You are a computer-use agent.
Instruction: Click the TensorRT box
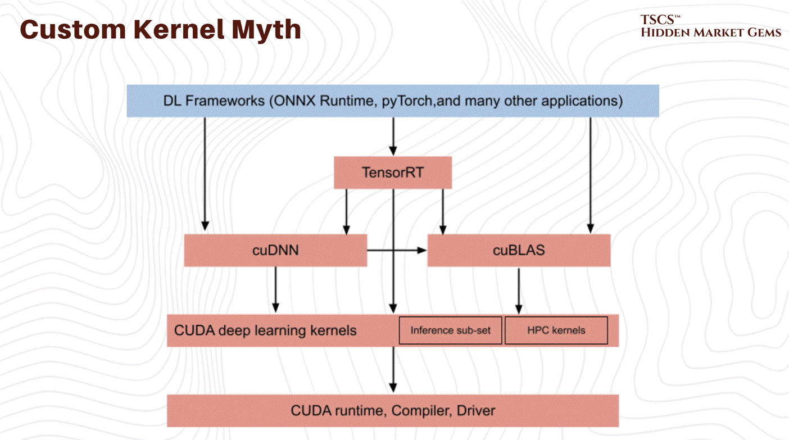point(393,173)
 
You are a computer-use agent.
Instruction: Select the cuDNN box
point(275,250)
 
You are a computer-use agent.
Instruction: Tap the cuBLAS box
point(519,250)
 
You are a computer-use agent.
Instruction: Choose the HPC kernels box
point(556,330)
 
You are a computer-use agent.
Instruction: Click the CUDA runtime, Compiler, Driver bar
point(393,411)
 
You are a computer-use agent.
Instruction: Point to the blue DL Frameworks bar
point(393,101)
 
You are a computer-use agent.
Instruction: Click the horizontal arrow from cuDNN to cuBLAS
point(396,250)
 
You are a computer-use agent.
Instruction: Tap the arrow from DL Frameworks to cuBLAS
point(590,174)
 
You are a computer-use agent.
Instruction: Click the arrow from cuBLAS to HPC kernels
point(519,290)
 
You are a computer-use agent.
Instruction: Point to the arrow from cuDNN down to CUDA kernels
point(275,289)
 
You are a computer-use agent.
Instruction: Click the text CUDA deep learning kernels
point(265,330)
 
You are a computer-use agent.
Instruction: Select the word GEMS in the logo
point(760,33)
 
